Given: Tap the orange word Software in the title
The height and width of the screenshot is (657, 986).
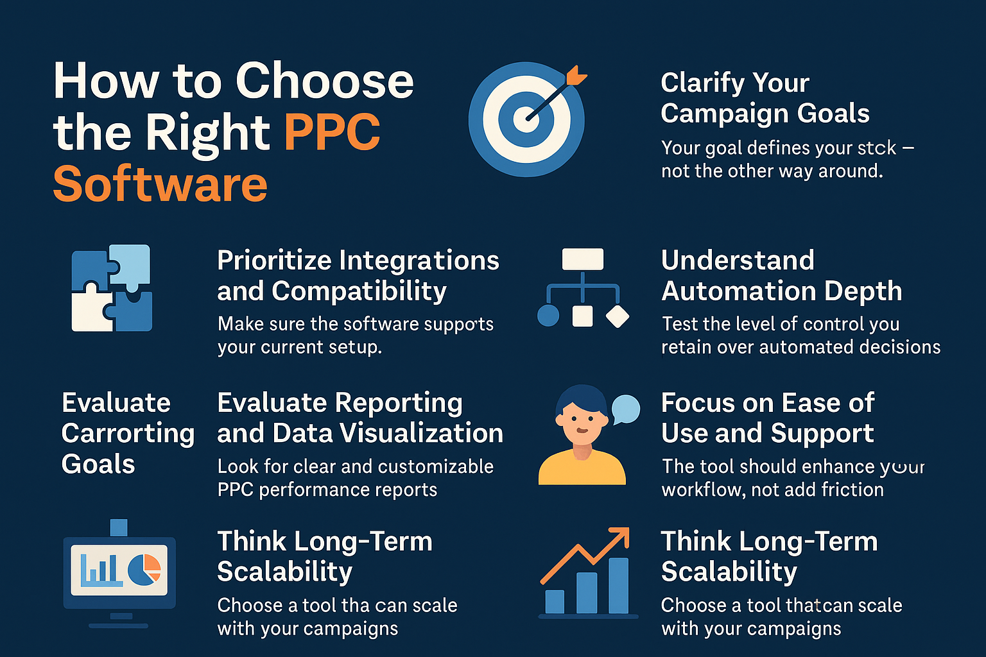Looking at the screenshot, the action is tap(160, 183).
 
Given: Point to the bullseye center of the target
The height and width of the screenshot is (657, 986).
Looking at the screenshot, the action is tap(526, 119).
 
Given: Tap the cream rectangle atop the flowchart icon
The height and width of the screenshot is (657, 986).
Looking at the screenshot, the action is tap(583, 259).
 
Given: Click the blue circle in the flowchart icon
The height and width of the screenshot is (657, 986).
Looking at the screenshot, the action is tap(548, 316).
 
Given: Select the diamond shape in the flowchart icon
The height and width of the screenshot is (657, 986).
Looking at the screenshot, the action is tap(618, 316).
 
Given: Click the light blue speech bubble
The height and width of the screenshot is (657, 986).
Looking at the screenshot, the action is tap(626, 409).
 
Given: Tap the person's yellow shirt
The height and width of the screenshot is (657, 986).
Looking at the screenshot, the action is tap(582, 468).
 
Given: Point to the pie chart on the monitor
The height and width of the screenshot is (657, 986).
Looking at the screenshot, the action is tap(144, 570).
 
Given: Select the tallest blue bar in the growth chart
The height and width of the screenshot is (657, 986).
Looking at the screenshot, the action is tap(618, 586).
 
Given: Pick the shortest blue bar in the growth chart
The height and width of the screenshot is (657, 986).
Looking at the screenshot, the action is tap(555, 602).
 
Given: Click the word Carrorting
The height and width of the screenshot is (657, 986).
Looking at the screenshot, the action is tap(128, 434).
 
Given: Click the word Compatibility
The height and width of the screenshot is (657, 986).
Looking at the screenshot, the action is tap(359, 292).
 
